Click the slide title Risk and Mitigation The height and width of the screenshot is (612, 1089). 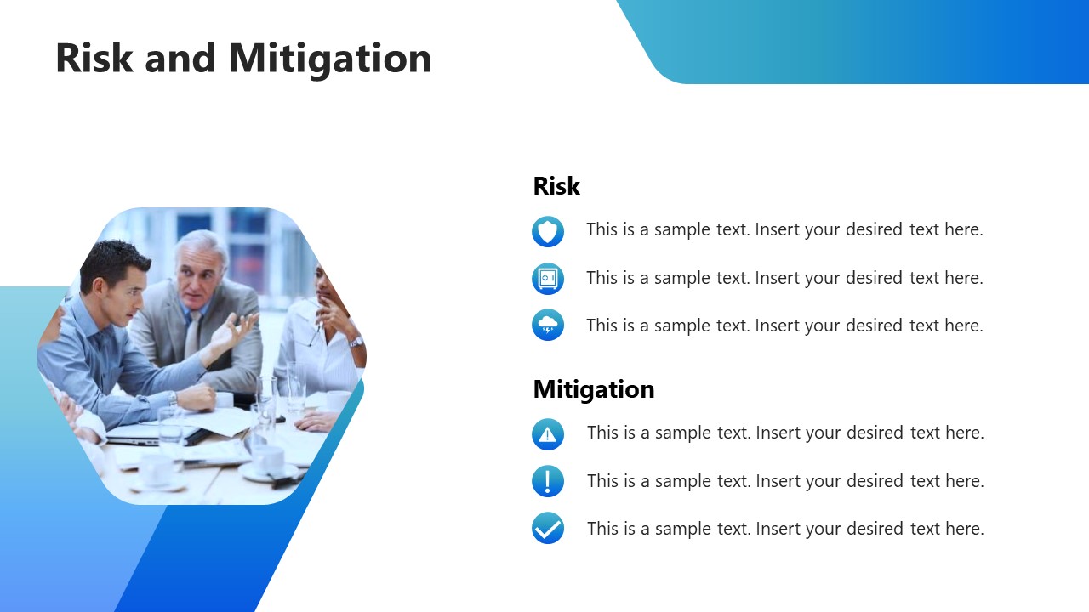pos(243,58)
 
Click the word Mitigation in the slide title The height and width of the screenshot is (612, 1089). pos(330,58)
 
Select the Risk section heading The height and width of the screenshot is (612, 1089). pos(556,186)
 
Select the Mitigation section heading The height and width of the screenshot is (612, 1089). pos(593,389)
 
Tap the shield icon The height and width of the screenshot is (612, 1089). pos(548,231)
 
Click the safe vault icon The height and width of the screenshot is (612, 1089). pos(548,279)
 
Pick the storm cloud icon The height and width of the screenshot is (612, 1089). pos(548,325)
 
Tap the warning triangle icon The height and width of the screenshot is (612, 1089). pos(548,434)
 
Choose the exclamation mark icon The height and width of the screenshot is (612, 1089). pos(548,481)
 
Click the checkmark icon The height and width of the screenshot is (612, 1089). pos(548,528)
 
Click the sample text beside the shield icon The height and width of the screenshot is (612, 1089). pos(784,229)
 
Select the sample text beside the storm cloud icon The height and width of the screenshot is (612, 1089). pos(784,326)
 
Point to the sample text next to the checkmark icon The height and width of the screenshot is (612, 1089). pos(784,529)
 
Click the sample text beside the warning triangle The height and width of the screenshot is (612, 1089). pos(784,433)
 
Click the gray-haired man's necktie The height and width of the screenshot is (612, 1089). pos(194,335)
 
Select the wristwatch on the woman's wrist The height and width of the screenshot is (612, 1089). pos(356,342)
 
